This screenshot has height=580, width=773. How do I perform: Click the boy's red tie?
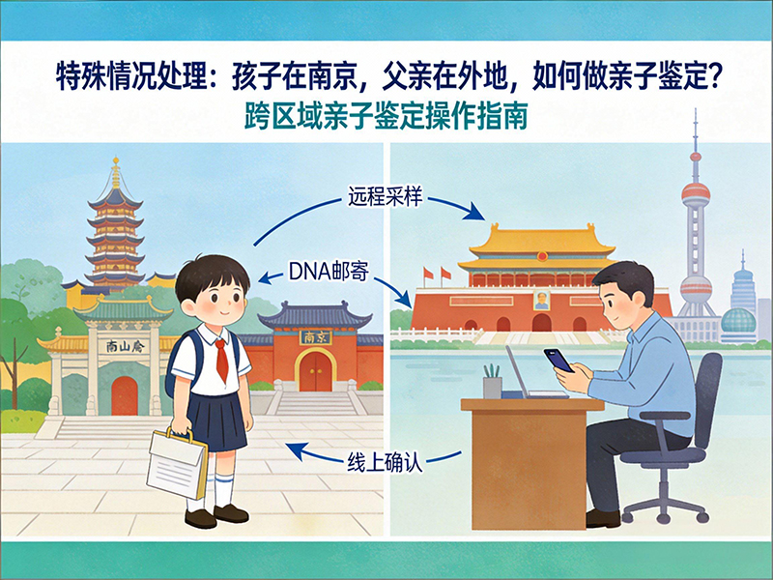coord(221,358)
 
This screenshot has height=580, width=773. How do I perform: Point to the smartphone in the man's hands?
coord(558,361)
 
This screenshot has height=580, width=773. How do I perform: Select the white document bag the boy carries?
coord(178,463)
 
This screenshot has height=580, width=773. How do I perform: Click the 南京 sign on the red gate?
coord(312,338)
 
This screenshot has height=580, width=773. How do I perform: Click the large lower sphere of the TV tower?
coord(695,287)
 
